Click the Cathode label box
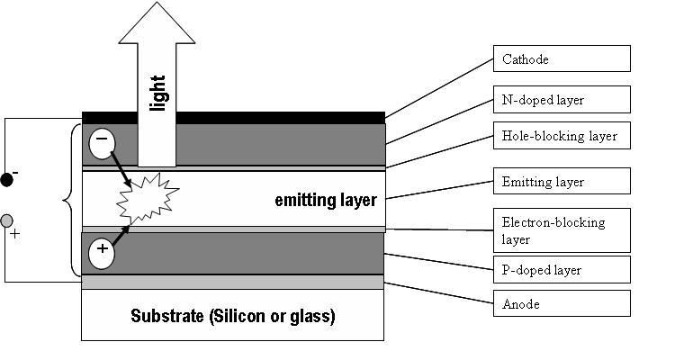561,59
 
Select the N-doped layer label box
561,99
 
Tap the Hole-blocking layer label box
561,136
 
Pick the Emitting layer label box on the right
561,182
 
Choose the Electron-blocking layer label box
561,230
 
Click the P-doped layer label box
561,269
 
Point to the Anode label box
561,303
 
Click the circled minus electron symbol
101,141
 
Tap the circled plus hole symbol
102,251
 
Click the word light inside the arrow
158,92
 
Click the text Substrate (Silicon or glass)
232,316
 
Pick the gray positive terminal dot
7,220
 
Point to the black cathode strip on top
233,117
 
